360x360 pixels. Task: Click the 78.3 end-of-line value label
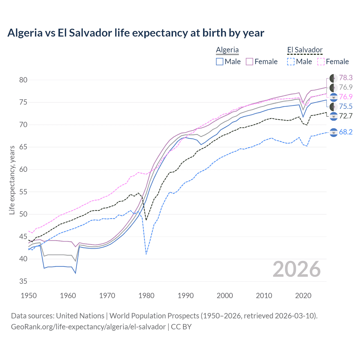click(x=346, y=78)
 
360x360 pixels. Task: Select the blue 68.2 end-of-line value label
click(x=346, y=132)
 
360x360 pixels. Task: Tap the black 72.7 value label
click(x=346, y=116)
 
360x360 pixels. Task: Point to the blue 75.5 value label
click(x=346, y=106)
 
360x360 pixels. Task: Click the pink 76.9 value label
click(x=346, y=97)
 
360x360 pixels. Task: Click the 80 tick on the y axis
click(x=23, y=80)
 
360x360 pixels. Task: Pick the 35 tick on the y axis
click(x=23, y=281)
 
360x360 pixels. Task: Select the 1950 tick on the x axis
click(x=29, y=296)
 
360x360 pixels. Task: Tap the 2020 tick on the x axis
click(x=303, y=296)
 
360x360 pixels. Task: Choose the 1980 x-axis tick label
click(x=147, y=296)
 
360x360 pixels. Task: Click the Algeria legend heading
click(x=227, y=50)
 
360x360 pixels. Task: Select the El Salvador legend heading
click(x=305, y=50)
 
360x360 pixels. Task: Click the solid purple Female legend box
click(x=249, y=62)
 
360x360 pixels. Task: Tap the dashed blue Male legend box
click(x=291, y=62)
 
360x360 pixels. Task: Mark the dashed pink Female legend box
click(x=321, y=62)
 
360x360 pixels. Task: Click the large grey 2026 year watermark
click(x=297, y=269)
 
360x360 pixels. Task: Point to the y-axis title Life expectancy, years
click(x=12, y=180)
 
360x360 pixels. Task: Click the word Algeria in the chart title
click(x=26, y=33)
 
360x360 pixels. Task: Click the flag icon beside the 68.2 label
click(x=334, y=132)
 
